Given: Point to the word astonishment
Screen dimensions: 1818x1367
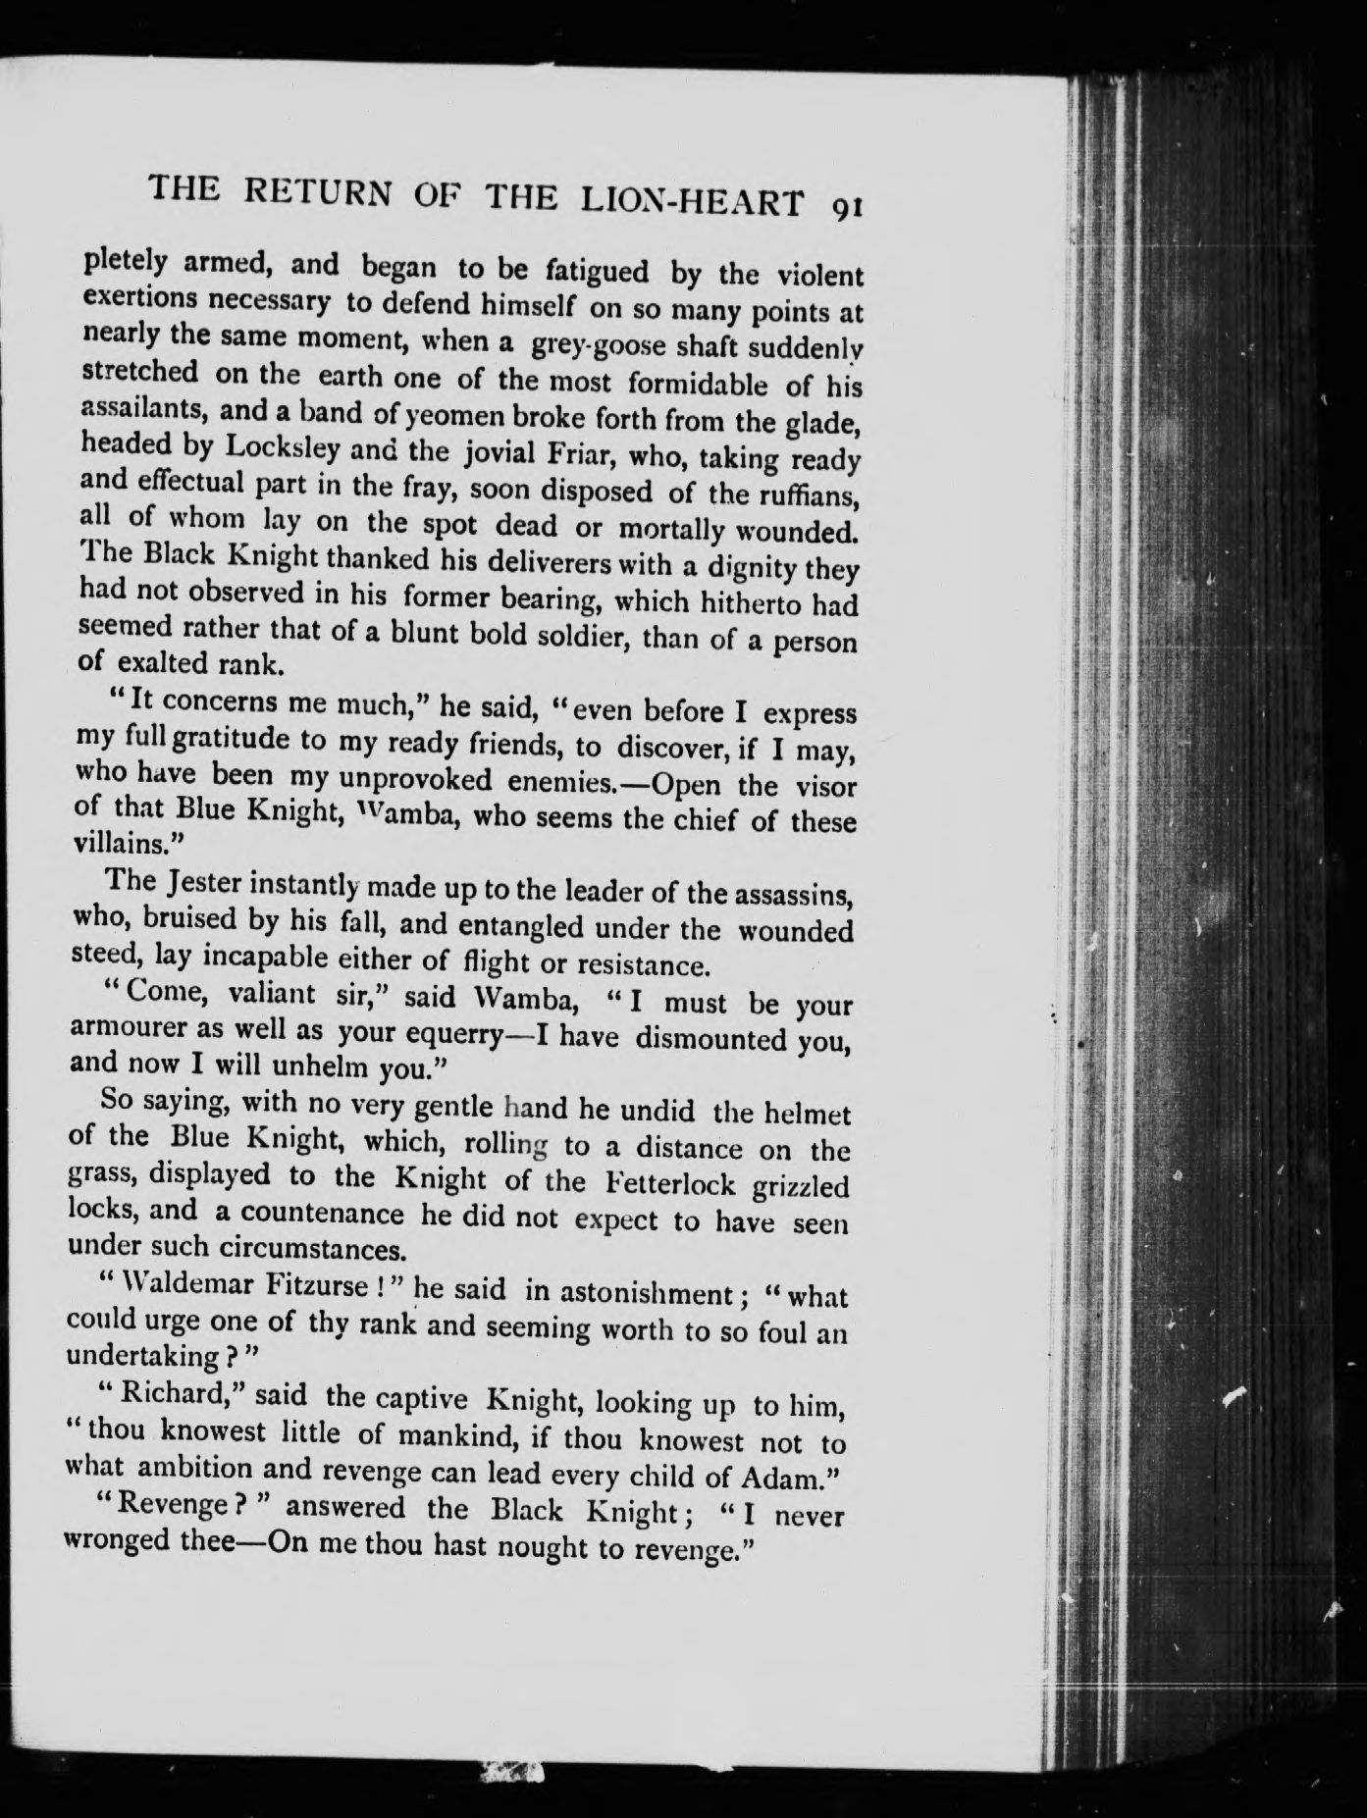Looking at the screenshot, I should (642, 1293).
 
